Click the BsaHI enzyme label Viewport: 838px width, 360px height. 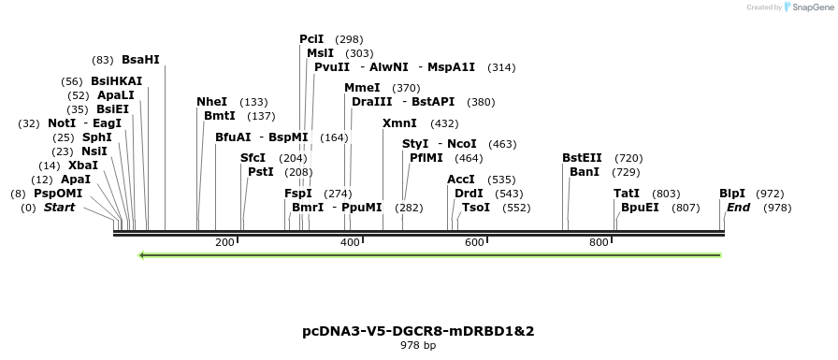tap(140, 60)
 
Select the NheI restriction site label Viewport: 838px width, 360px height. tap(211, 102)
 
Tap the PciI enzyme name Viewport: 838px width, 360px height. tap(311, 39)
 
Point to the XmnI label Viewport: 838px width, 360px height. tap(399, 123)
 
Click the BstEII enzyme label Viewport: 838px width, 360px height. tap(582, 158)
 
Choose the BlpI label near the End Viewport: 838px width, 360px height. tap(732, 194)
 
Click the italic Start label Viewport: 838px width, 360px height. tap(59, 208)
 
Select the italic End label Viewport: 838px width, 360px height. tap(738, 208)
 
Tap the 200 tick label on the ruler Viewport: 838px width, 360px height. tap(224, 243)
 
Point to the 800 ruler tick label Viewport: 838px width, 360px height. tap(599, 243)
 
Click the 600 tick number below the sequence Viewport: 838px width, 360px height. tap(474, 243)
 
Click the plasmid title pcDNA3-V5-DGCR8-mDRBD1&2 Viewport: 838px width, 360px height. tap(418, 331)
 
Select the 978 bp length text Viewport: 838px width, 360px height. tap(418, 346)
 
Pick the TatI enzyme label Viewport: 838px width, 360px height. tap(627, 194)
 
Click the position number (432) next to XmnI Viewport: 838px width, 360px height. tap(444, 123)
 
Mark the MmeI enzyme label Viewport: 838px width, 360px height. tap(362, 88)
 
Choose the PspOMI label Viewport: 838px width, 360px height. tap(58, 194)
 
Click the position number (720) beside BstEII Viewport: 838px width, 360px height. tap(628, 158)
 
